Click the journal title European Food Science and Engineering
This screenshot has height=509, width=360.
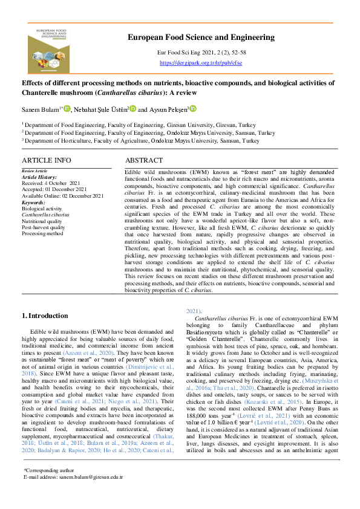[x=201, y=37]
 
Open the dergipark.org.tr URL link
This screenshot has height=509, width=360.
[x=201, y=62]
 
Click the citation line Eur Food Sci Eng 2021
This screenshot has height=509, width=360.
[x=201, y=53]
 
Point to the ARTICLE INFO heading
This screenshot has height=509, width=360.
[x=47, y=160]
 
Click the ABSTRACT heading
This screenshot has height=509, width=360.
[x=144, y=160]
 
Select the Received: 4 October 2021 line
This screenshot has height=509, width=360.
[x=50, y=183]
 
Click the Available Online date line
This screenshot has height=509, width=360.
[x=62, y=196]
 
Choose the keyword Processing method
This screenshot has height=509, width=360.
[x=42, y=233]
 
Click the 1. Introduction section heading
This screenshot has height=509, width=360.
[x=45, y=316]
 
